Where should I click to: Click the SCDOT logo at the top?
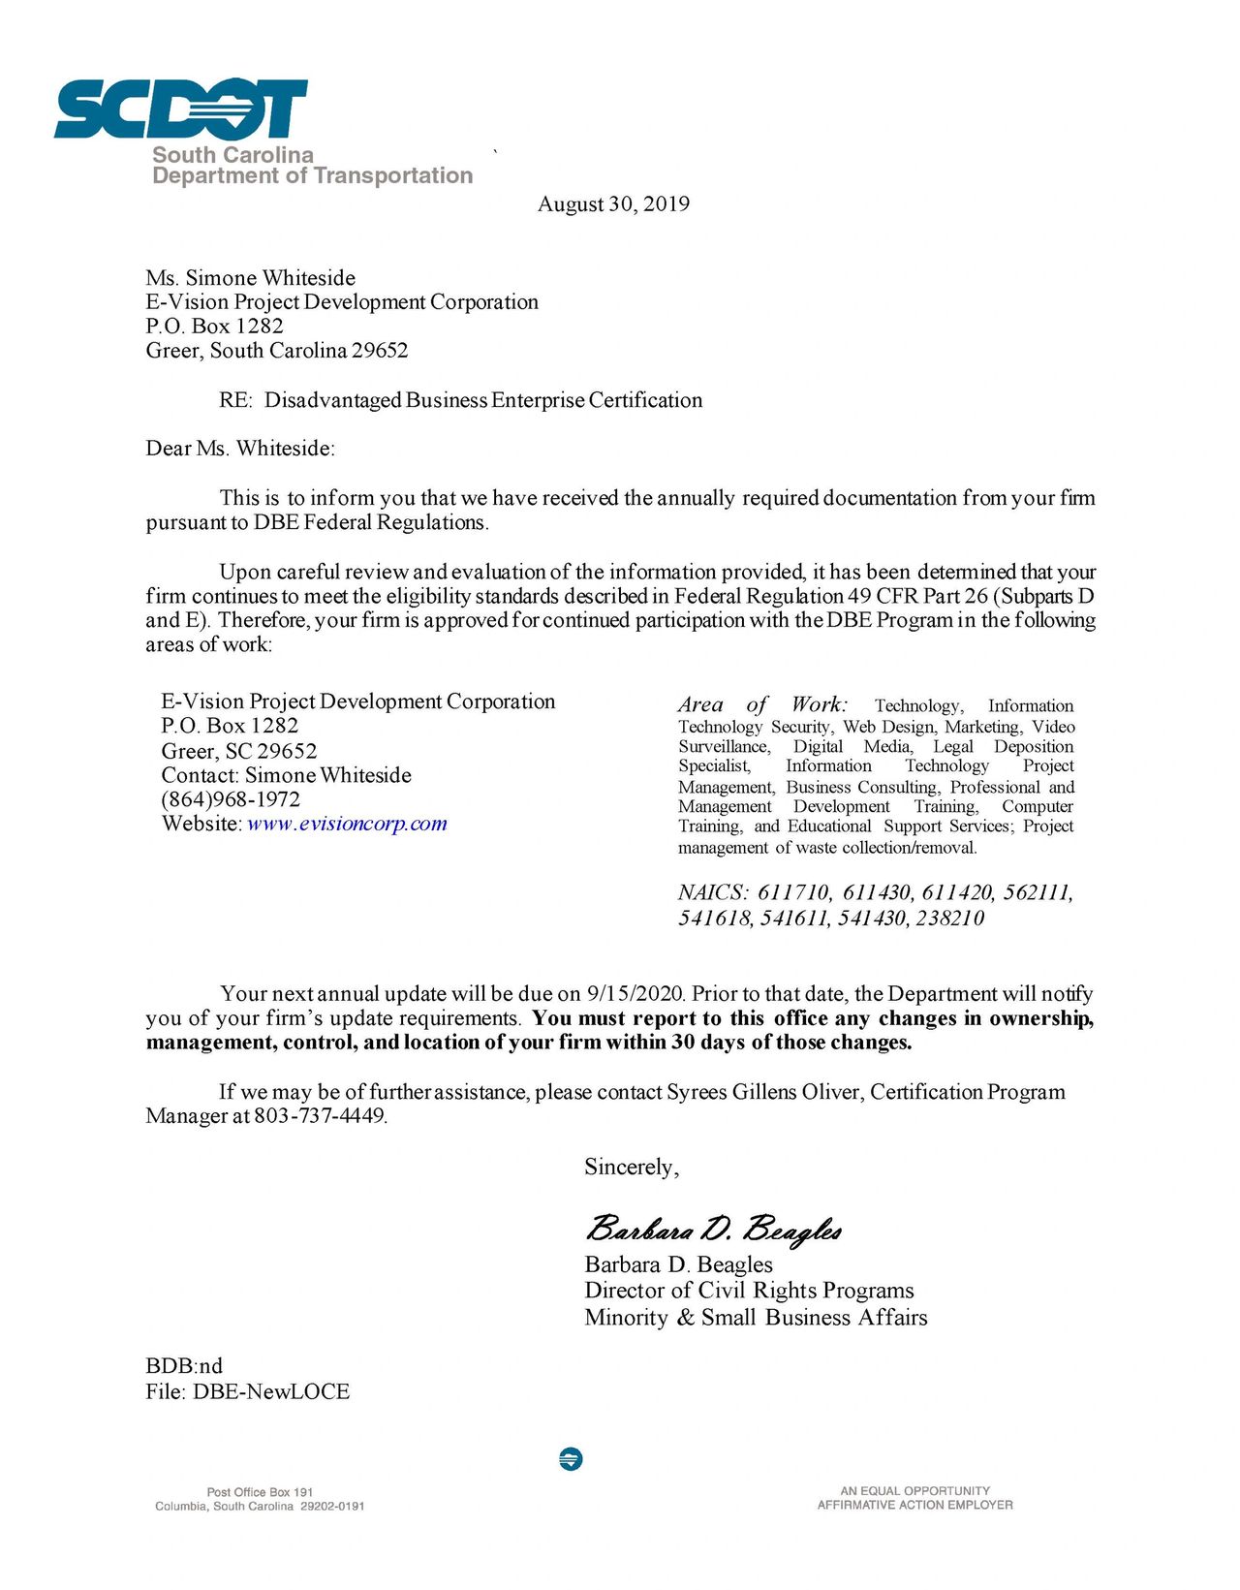click(181, 109)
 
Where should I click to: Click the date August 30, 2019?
click(613, 204)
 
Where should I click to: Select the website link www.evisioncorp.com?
click(347, 825)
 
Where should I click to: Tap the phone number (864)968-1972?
click(231, 800)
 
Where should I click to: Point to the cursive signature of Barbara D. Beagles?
click(713, 1229)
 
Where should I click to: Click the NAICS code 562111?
click(1038, 892)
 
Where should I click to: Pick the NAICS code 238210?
click(949, 919)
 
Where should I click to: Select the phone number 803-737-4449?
click(320, 1116)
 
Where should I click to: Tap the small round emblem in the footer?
click(571, 1458)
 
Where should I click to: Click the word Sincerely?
click(631, 1168)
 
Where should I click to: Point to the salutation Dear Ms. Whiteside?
click(240, 449)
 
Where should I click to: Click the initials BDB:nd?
click(184, 1366)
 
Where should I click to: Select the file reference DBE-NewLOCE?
click(271, 1392)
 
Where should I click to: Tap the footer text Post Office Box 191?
click(260, 1492)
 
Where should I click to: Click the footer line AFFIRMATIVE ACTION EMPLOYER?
click(914, 1506)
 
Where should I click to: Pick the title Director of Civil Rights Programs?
click(749, 1291)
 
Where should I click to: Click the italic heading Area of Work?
click(762, 704)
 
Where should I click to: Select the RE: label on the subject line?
click(235, 401)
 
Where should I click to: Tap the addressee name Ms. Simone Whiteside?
click(251, 278)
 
